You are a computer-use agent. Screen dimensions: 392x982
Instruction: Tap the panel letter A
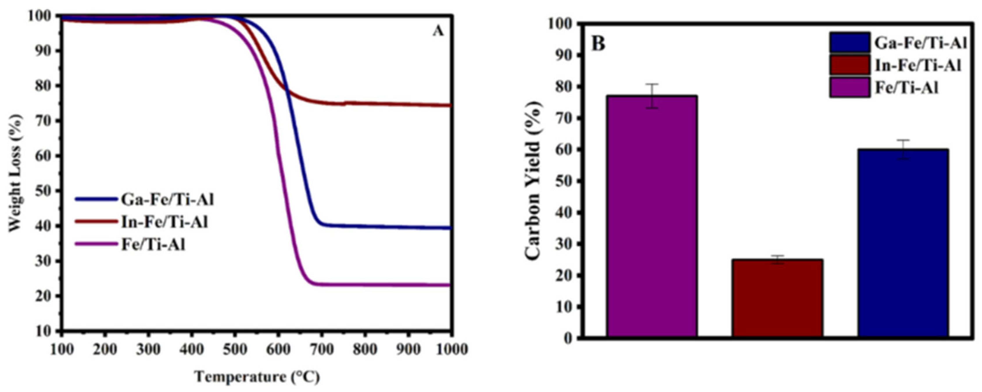438,31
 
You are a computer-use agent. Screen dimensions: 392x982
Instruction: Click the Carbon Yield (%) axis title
534,181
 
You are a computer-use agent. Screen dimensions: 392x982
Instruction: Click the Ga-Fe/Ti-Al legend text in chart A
168,199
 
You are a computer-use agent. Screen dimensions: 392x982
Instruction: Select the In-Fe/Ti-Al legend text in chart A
165,222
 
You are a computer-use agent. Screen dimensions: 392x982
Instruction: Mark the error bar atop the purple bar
652,96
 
